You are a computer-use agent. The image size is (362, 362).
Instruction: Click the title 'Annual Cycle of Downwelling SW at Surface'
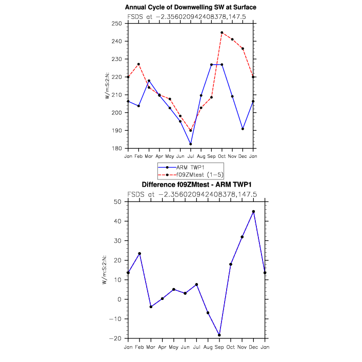point(190,7)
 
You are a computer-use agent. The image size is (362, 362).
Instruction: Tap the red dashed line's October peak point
point(222,32)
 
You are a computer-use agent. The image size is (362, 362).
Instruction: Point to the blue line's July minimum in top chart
point(190,144)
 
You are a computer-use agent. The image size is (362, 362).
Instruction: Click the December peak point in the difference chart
point(253,211)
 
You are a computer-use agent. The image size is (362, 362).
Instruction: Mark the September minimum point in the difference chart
point(219,335)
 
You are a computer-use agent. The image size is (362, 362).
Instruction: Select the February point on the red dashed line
point(138,64)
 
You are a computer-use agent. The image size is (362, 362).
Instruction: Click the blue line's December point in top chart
point(243,129)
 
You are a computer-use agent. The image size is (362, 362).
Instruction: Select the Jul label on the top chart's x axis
point(190,156)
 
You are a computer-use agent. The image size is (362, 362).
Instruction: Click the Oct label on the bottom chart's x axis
point(231,346)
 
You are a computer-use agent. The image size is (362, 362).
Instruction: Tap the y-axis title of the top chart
point(108,86)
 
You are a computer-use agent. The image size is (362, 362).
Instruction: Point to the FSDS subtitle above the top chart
point(191,16)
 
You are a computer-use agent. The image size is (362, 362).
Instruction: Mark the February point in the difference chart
point(139,253)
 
